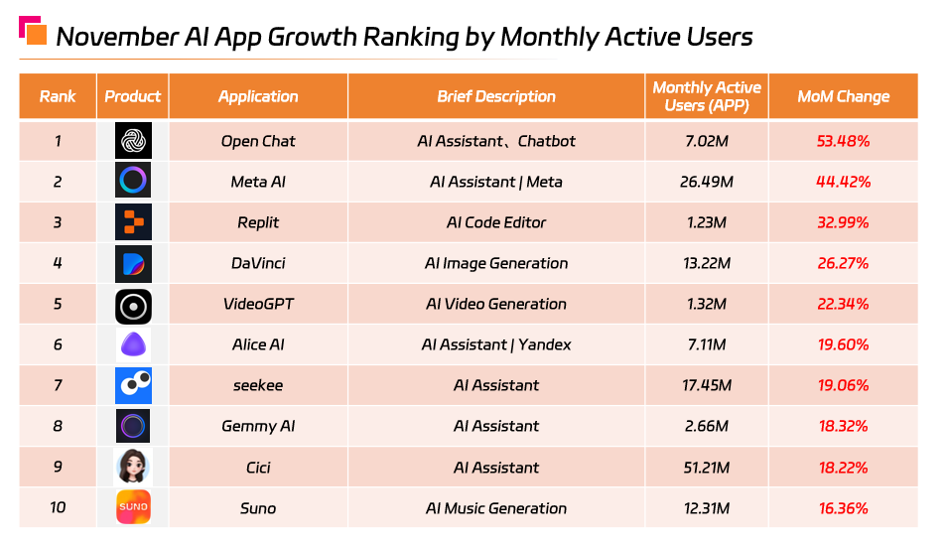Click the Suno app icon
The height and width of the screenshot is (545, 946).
[133, 507]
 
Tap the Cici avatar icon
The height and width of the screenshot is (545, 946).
[133, 467]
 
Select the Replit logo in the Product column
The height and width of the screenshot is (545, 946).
[133, 222]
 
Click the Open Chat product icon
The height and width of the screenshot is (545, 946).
[133, 141]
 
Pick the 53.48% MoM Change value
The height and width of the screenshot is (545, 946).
[843, 141]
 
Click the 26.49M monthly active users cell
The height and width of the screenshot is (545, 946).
[707, 182]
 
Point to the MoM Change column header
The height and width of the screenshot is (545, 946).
[843, 96]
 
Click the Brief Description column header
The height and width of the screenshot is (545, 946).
[496, 96]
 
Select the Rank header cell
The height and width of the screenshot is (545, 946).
[58, 96]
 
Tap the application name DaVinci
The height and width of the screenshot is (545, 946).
[258, 263]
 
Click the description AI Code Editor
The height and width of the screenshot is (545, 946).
[496, 222]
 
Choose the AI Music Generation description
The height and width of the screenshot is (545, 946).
[496, 508]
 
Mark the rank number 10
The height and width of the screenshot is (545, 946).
[58, 508]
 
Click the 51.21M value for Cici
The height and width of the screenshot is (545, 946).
[707, 468]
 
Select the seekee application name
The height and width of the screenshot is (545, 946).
[258, 385]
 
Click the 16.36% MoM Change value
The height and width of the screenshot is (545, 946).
[843, 508]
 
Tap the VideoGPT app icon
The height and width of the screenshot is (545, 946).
[133, 304]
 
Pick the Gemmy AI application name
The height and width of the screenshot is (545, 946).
[258, 426]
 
